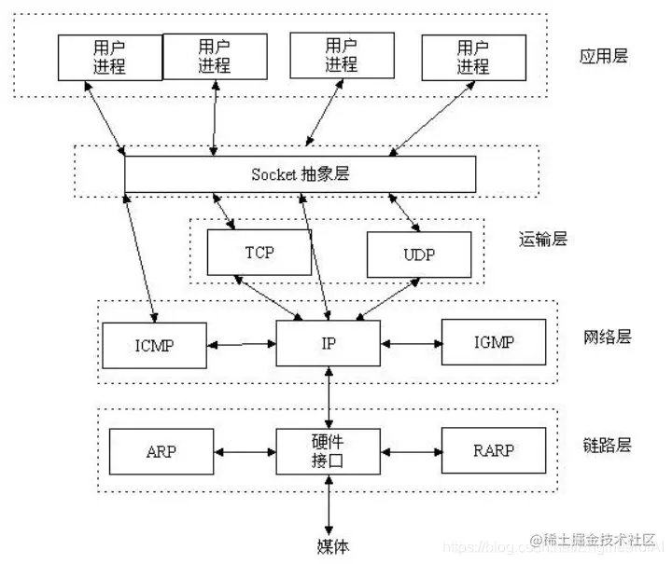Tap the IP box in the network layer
(329, 343)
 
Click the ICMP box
(154, 345)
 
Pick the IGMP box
(493, 342)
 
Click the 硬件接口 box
(329, 451)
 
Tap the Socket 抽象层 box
(300, 174)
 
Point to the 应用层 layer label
(604, 56)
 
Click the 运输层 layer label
(542, 241)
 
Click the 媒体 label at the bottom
(330, 544)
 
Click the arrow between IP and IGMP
(411, 344)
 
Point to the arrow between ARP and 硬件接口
(244, 452)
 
